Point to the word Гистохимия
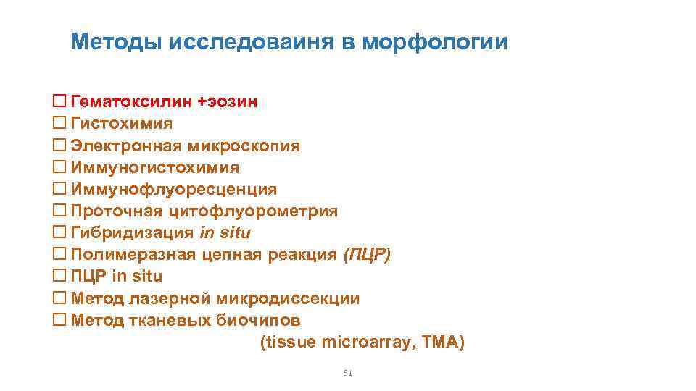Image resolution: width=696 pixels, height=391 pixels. tap(122, 124)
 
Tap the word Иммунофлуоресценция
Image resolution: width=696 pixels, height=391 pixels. tap(173, 189)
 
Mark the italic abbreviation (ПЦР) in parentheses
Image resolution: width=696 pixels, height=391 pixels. tap(367, 254)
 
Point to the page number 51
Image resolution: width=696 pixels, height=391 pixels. tap(347, 374)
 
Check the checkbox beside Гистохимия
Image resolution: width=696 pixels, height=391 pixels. tap(60, 124)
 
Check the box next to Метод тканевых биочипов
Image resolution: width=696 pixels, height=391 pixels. tap(60, 319)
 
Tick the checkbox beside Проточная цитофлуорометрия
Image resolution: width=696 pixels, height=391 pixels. tap(60, 211)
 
